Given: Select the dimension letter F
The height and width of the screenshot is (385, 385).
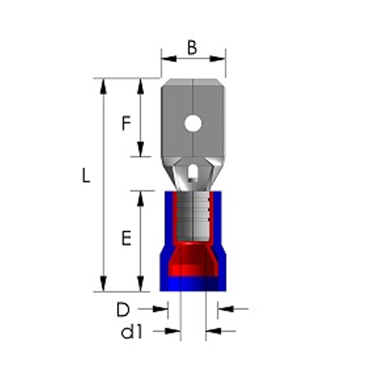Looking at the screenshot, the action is click(x=126, y=124).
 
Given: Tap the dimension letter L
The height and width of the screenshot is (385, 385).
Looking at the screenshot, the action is click(x=86, y=176).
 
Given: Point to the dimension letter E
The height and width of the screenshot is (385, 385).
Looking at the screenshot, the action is click(x=126, y=238).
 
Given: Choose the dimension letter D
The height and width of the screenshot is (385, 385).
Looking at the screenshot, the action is click(x=123, y=310).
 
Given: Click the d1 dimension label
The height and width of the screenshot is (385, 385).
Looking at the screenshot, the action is click(x=132, y=332).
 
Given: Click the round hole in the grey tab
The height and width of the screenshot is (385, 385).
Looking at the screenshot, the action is click(x=193, y=123).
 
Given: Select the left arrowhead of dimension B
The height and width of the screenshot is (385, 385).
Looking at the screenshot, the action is click(x=169, y=59).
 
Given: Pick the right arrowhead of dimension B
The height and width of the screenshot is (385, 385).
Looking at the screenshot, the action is click(x=218, y=59).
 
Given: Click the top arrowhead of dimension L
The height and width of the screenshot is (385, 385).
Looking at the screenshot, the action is click(x=103, y=86).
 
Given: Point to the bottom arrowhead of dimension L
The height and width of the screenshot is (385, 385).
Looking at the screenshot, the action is click(x=103, y=284).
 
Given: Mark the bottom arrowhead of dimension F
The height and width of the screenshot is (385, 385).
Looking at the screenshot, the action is click(x=141, y=149).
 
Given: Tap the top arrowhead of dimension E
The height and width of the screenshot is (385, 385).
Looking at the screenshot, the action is click(x=141, y=198).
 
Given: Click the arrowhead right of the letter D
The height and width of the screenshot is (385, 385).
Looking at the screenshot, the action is click(x=161, y=309).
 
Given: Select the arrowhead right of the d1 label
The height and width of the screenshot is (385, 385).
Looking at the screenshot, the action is click(x=173, y=331).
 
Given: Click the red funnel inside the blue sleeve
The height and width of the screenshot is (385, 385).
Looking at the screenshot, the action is click(x=193, y=260).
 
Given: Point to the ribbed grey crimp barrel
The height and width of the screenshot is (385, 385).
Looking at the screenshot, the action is click(x=193, y=216).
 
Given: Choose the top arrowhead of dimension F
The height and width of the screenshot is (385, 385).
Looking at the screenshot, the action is click(x=141, y=86).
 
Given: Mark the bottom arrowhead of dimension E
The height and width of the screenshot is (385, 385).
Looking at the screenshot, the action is click(x=141, y=284).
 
